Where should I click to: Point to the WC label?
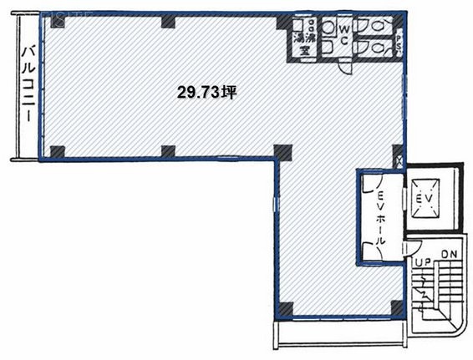tap(343, 36)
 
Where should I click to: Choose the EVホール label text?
tap(382, 213)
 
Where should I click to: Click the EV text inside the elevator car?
tap(423, 198)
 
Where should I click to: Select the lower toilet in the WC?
tap(381, 49)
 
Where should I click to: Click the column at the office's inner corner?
tap(284, 152)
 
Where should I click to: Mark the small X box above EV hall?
tap(399, 160)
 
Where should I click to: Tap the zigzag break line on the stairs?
tap(427, 294)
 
